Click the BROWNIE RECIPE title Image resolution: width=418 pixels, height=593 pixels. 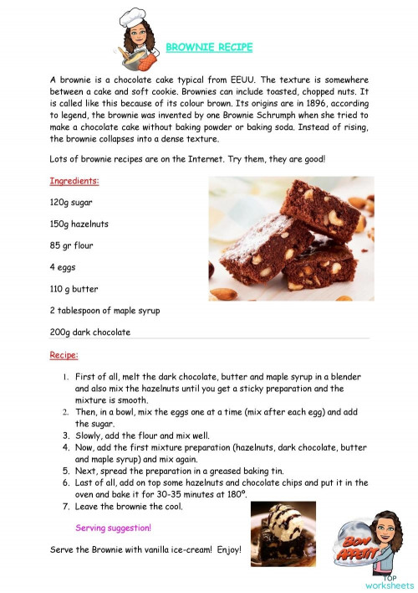pos(209,48)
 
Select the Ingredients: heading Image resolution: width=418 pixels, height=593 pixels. pos(74,181)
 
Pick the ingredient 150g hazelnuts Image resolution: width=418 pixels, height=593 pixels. pos(79,224)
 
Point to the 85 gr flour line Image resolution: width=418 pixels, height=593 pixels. pos(72,246)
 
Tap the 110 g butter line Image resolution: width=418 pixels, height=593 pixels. pos(74,289)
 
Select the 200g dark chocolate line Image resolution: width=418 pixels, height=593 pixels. pos(90,333)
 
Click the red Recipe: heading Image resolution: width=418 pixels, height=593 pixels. pos(64,355)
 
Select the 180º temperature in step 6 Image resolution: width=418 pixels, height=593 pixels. pos(235,495)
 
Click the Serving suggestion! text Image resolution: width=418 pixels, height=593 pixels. pos(114,529)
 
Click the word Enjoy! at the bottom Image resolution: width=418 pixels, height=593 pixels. pos(225,550)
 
